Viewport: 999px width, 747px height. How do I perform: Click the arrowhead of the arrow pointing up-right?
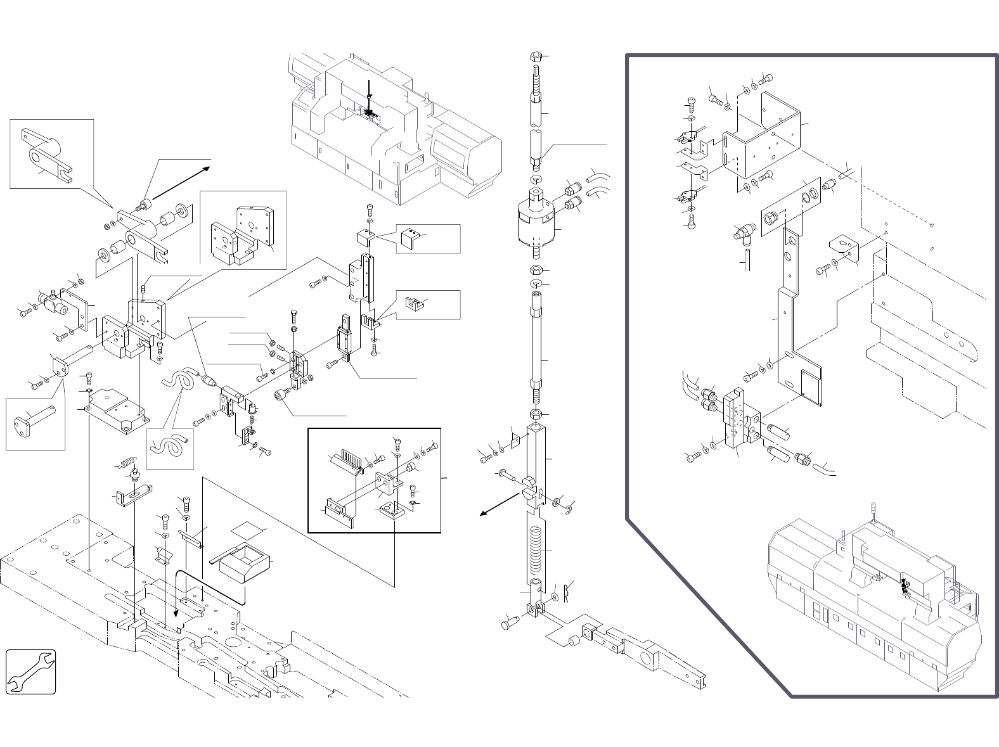209,169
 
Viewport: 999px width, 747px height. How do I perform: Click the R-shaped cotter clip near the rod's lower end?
568,592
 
